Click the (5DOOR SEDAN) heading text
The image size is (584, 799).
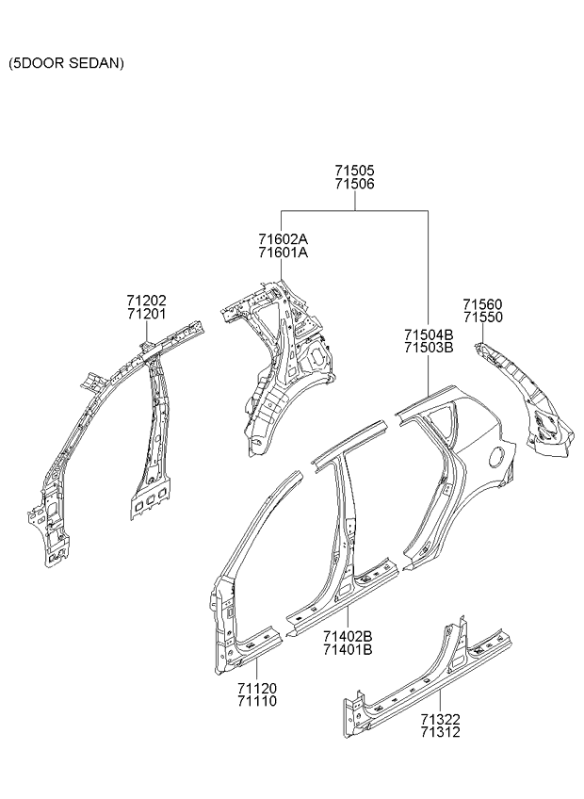[66, 63]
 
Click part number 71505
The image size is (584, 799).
[355, 171]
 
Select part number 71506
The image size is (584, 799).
[355, 184]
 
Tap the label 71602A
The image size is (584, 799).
[284, 239]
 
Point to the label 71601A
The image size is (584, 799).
[284, 253]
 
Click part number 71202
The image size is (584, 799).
[147, 301]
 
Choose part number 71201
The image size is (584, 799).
[147, 314]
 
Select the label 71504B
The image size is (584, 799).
[429, 334]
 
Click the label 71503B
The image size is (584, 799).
[429, 348]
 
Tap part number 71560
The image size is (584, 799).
[482, 304]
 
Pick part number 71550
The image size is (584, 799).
[482, 317]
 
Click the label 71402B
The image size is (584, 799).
[348, 636]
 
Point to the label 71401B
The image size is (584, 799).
[348, 650]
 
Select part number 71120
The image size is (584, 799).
[257, 689]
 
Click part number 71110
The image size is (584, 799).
[257, 702]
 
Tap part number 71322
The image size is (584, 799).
[440, 720]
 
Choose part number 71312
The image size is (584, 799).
[440, 732]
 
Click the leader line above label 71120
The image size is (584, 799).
[256, 670]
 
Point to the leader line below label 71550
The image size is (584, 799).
[482, 334]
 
